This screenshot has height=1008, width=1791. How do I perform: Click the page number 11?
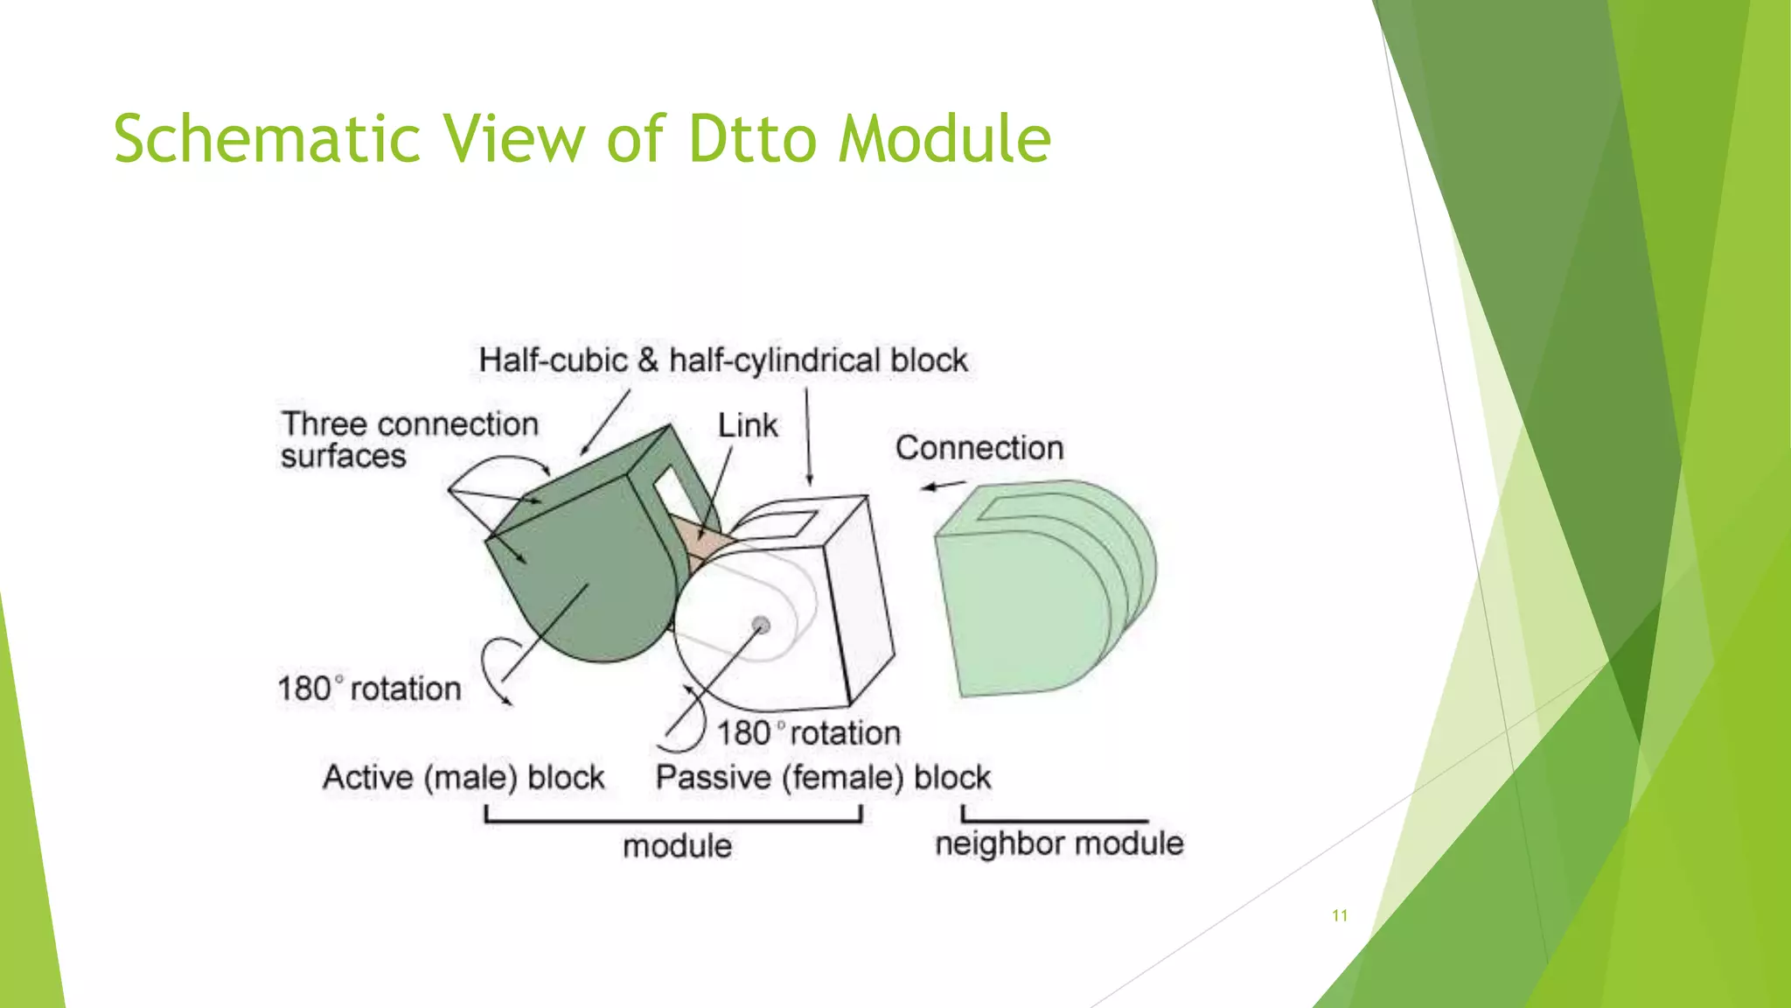[1339, 915]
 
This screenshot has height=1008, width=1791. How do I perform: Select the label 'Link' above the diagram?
[747, 426]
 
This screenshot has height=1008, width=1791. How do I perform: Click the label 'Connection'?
[979, 448]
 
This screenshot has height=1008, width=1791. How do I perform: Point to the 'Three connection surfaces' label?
[408, 440]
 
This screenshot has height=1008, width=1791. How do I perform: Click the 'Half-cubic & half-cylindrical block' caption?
[722, 360]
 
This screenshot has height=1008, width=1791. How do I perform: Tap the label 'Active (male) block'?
[463, 777]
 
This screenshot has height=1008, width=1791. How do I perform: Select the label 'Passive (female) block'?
[823, 777]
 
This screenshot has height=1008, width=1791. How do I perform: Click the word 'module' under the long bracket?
[677, 846]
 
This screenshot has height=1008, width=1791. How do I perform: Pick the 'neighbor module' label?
[1058, 843]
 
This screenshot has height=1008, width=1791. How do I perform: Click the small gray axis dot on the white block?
[761, 625]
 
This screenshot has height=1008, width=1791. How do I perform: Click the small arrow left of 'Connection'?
[943, 486]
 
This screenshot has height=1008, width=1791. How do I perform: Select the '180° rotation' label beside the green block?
[369, 689]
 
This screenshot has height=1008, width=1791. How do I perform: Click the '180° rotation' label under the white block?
[808, 732]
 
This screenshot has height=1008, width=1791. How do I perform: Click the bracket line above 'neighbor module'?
[1054, 820]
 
